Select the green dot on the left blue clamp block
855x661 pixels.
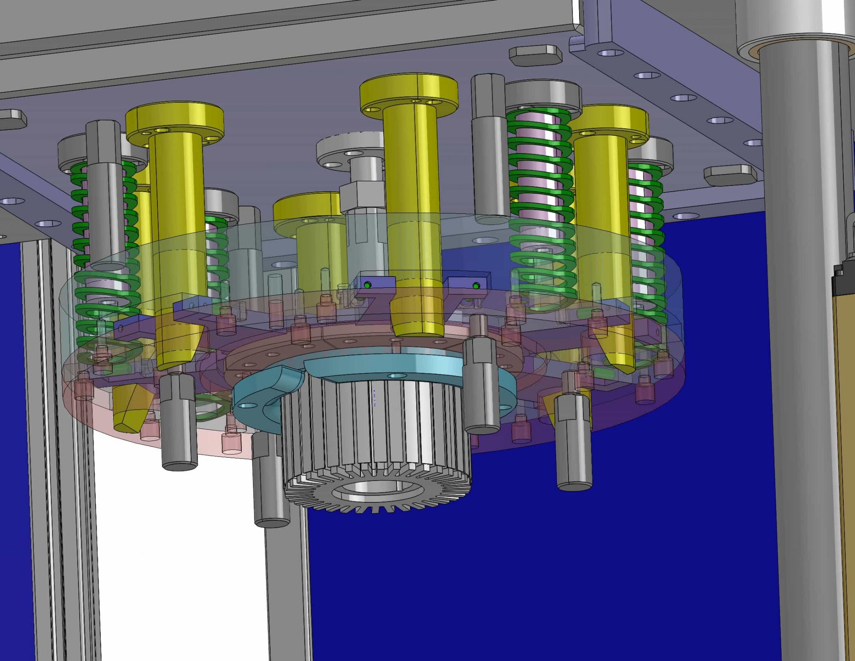pos(367,285)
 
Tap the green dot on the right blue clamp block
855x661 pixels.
pos(476,286)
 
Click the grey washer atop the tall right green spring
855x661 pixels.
pos(543,95)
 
